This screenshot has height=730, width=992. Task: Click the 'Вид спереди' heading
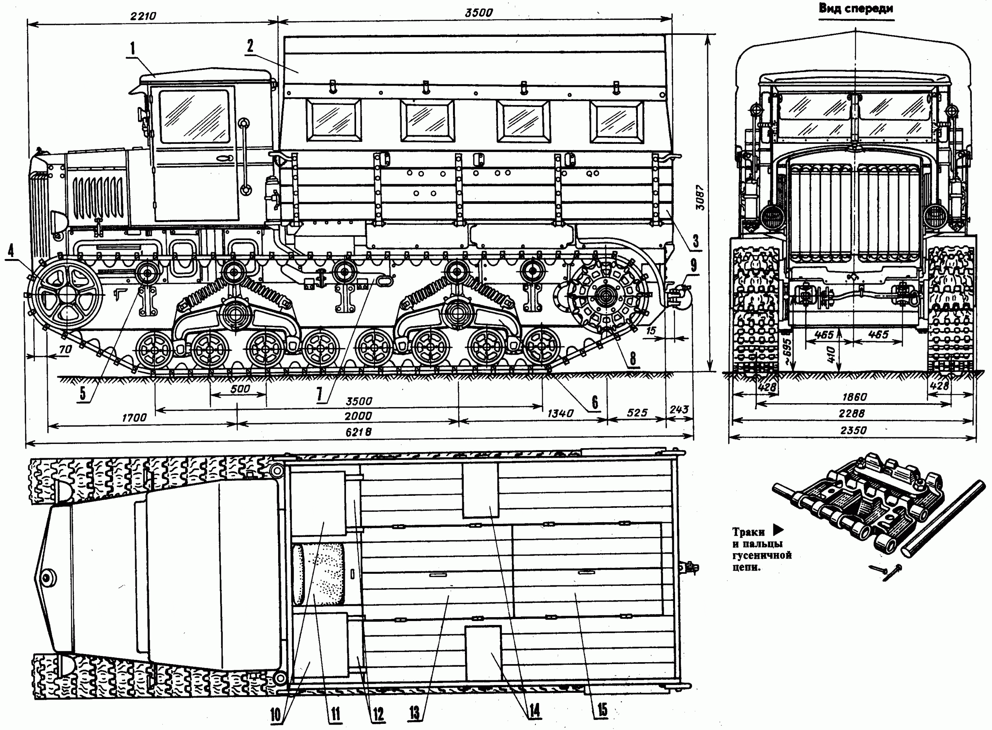click(x=856, y=9)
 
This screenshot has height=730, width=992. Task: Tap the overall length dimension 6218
click(x=358, y=432)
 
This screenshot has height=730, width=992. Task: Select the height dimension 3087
click(x=701, y=198)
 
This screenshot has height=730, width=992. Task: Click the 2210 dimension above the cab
click(x=143, y=16)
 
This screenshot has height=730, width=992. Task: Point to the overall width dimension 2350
click(x=853, y=430)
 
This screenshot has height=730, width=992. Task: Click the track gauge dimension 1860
click(x=854, y=397)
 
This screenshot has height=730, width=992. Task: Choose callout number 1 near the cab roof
click(x=132, y=49)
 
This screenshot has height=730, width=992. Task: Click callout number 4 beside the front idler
click(x=11, y=250)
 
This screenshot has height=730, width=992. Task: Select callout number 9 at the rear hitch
click(x=693, y=265)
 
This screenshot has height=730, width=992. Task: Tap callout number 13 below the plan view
click(x=414, y=713)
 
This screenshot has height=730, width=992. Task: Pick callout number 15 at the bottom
click(x=603, y=710)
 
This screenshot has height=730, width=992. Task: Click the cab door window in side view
click(x=195, y=116)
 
